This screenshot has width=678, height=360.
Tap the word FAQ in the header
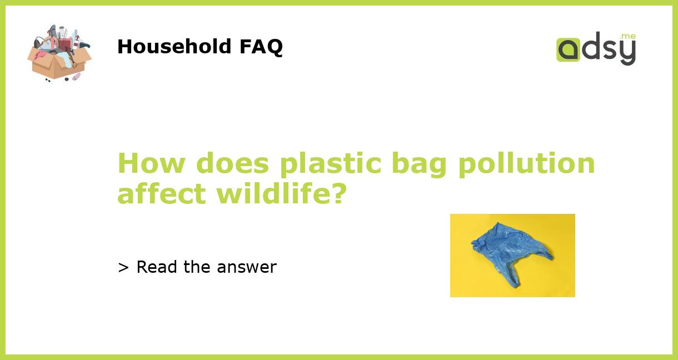[x=261, y=47]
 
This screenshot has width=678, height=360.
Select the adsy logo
[x=596, y=49]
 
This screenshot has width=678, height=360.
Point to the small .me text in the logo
[x=629, y=36]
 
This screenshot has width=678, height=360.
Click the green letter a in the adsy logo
[x=569, y=49]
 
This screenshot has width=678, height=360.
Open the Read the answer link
[x=197, y=267]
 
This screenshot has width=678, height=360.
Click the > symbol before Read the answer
[x=123, y=268]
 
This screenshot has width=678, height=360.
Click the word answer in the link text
[x=247, y=268]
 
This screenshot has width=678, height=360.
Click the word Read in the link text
[x=158, y=267]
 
